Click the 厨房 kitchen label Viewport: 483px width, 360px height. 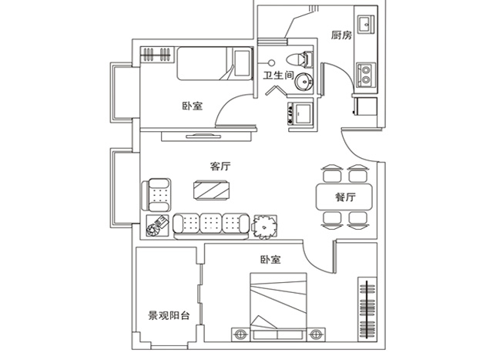pos(341,35)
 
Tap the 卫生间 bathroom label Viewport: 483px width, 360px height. pos(278,76)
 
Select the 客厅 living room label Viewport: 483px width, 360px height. pos(220,167)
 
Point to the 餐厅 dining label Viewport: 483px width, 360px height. pos(346,197)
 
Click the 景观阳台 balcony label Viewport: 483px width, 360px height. pos(169,315)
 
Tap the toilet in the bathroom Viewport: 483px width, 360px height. pos(300,59)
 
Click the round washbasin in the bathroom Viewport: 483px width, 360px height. pos(304,82)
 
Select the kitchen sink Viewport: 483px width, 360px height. pos(366,24)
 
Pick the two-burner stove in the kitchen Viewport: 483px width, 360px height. pos(366,75)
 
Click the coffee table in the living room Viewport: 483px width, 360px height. pos(212,190)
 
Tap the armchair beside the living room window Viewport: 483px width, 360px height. pos(156,195)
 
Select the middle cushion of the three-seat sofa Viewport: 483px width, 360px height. pos(211,224)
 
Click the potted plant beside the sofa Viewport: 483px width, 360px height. pos(264,227)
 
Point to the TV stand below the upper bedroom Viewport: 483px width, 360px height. pos(206,136)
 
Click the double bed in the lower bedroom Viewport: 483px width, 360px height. pos(278,307)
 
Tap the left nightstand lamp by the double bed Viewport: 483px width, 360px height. pos(240,335)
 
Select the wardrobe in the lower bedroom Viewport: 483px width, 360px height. pos(367,309)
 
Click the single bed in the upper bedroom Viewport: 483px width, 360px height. pos(215,63)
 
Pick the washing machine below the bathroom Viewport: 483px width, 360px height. pos(300,113)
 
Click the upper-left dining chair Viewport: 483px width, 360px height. pos(332,174)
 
